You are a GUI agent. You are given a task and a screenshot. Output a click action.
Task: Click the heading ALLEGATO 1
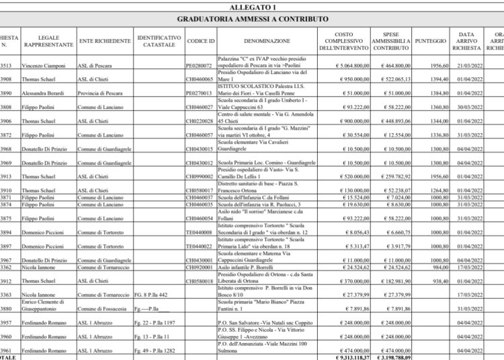252,6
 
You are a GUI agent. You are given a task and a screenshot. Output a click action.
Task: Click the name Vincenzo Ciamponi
42,67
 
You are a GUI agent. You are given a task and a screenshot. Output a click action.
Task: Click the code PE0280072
202,67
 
